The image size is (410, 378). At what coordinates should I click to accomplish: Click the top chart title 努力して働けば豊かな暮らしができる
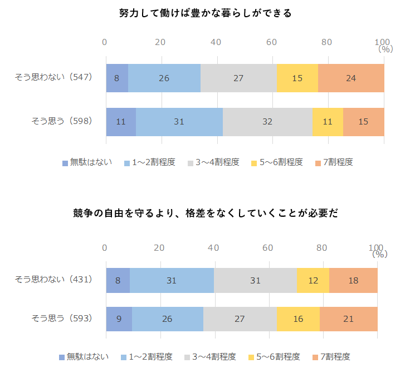(205, 13)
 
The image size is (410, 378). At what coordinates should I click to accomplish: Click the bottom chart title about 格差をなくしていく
(205, 213)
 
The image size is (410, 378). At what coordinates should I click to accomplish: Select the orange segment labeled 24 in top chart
(351, 78)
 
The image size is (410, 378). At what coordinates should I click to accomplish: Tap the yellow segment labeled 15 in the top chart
(297, 78)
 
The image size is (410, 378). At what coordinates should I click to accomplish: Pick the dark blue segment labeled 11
(121, 121)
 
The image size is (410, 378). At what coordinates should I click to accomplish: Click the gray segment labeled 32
(267, 121)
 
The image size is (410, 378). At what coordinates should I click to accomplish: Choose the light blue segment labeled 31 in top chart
(179, 121)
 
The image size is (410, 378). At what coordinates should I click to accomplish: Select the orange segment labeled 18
(353, 281)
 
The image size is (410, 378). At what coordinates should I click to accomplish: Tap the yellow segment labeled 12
(313, 281)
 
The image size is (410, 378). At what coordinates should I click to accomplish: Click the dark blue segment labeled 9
(119, 319)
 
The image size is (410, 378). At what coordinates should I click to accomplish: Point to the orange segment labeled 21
(349, 319)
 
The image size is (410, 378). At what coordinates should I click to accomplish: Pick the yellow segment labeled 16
(298, 319)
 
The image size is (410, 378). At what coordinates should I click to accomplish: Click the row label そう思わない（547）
(53, 77)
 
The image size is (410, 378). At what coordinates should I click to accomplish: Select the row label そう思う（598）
(62, 121)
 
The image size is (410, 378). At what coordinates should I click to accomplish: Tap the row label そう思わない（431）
(53, 280)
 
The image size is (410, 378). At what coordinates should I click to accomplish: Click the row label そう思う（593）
(62, 318)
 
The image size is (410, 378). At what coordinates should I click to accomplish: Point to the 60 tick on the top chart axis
(271, 42)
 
